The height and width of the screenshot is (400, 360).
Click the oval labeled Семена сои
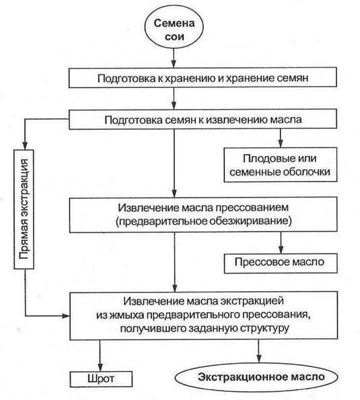click(x=174, y=30)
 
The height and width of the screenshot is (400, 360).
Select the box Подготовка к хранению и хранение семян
click(x=203, y=77)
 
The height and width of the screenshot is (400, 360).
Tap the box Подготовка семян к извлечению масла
click(x=203, y=120)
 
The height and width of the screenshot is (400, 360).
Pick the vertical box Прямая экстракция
click(x=24, y=209)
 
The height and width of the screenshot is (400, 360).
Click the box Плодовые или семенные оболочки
click(x=281, y=165)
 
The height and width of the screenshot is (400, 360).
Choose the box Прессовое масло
click(x=281, y=263)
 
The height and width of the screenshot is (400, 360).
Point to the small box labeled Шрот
click(x=101, y=379)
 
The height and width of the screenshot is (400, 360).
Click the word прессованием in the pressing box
click(x=252, y=208)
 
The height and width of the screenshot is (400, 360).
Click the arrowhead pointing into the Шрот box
click(x=100, y=367)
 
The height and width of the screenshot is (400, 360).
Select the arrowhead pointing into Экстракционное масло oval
click(x=259, y=358)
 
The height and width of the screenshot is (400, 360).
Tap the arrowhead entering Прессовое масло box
click(x=281, y=249)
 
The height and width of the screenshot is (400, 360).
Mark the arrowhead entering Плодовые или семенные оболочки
click(x=281, y=143)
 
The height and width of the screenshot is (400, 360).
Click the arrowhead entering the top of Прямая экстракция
click(x=25, y=145)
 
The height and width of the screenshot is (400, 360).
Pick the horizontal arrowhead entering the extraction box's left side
click(x=66, y=316)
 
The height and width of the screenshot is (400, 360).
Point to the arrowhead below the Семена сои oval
click(x=174, y=63)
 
